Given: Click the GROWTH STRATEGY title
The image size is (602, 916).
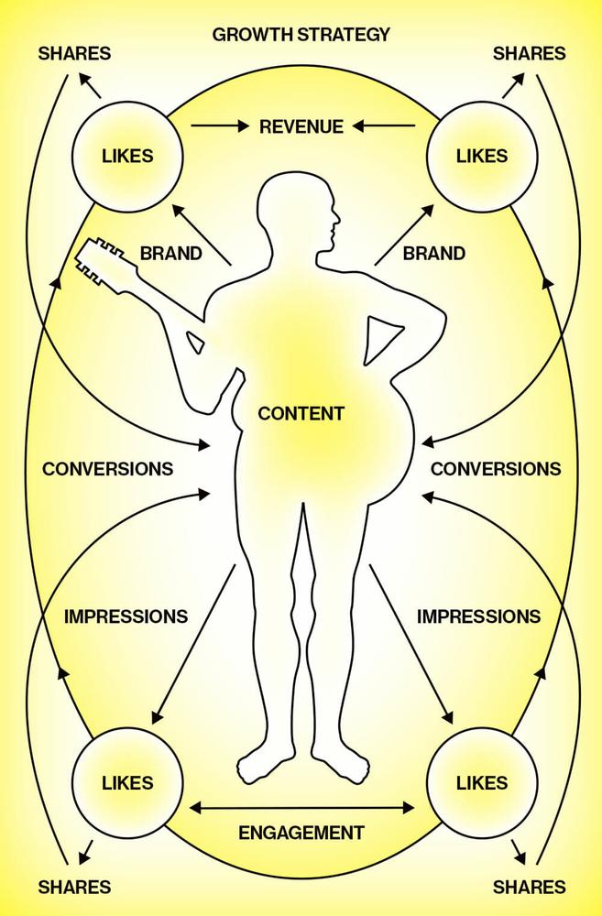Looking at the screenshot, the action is pyautogui.click(x=301, y=35).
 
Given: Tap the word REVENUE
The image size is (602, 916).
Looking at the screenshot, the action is pyautogui.click(x=301, y=126).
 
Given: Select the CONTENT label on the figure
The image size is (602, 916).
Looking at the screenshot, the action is pyautogui.click(x=301, y=414).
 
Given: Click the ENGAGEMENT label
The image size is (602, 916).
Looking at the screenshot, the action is pyautogui.click(x=301, y=833).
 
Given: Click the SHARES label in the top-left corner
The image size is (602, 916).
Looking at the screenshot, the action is pyautogui.click(x=74, y=54).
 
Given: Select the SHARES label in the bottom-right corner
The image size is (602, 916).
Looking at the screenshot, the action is pyautogui.click(x=529, y=887).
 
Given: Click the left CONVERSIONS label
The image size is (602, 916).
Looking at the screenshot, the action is pyautogui.click(x=107, y=468).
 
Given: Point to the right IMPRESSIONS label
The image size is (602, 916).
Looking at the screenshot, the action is pyautogui.click(x=478, y=616).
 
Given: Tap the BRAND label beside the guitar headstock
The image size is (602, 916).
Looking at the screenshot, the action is pyautogui.click(x=170, y=254).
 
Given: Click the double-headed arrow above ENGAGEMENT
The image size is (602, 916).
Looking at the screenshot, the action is pyautogui.click(x=301, y=808).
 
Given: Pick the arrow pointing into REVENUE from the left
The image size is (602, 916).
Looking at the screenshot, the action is pyautogui.click(x=220, y=125).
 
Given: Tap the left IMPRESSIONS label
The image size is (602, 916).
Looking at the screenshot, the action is pyautogui.click(x=126, y=616).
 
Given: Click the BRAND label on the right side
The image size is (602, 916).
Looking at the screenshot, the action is pyautogui.click(x=434, y=254).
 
